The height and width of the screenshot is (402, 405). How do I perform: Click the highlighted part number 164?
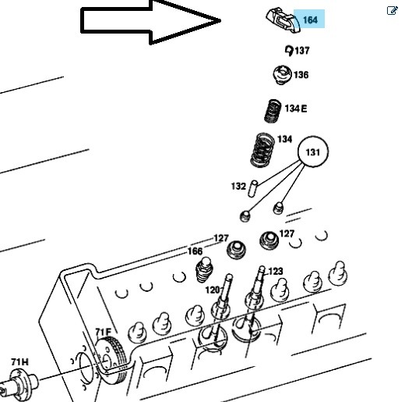[310, 20]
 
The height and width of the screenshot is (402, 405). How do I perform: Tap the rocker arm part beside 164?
[283, 20]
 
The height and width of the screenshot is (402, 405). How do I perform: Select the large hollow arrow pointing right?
[150, 21]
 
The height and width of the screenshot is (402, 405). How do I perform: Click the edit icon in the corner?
[393, 11]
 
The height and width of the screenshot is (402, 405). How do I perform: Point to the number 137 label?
[302, 50]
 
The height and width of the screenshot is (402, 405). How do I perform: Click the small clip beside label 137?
[289, 51]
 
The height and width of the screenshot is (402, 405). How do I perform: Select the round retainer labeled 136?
[282, 75]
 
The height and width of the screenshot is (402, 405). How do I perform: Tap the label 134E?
[296, 109]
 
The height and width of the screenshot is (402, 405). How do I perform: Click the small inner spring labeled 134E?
[273, 111]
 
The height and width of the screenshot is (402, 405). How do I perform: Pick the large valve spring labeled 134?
[262, 150]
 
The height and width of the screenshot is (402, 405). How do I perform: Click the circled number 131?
[313, 151]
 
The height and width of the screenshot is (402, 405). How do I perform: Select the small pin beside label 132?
[252, 188]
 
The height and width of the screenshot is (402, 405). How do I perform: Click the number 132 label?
[238, 186]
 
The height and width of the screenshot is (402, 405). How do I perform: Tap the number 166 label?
[195, 251]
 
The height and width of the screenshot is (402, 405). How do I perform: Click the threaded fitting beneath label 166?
[204, 270]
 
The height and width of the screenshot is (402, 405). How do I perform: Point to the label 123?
[275, 271]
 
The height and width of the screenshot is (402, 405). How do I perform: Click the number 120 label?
[213, 290]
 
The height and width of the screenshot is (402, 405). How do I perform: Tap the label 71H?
[20, 361]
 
